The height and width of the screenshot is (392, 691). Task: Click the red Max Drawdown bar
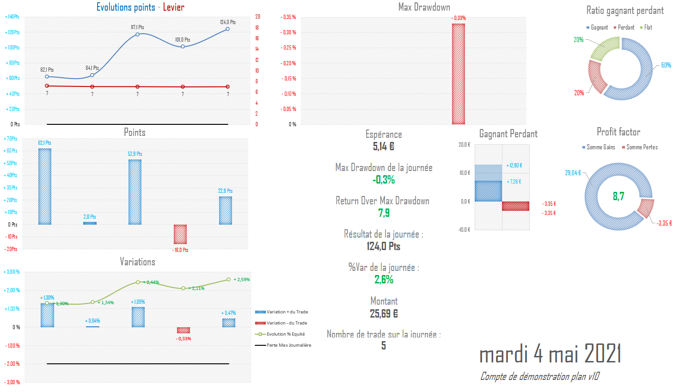click(x=458, y=74)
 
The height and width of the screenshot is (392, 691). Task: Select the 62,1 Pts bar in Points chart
click(x=45, y=186)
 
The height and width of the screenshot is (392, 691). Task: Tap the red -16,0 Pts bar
click(x=180, y=234)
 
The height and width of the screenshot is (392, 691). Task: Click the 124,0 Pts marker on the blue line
click(x=227, y=29)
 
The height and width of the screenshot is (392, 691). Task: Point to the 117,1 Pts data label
click(x=137, y=27)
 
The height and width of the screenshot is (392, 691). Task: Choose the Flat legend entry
click(x=646, y=28)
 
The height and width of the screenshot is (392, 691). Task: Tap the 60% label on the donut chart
click(x=666, y=65)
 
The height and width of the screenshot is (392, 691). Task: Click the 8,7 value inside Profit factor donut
click(x=618, y=196)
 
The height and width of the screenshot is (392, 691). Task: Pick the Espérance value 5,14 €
click(x=384, y=147)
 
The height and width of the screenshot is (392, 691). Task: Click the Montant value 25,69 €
click(x=384, y=314)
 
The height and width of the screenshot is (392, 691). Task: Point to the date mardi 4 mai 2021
click(x=550, y=354)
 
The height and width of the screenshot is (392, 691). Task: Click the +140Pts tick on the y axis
click(x=12, y=17)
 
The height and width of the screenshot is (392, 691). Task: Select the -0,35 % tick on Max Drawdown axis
click(x=288, y=17)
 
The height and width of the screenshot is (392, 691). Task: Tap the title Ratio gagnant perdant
click(x=625, y=10)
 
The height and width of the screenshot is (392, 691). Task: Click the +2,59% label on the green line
click(x=242, y=280)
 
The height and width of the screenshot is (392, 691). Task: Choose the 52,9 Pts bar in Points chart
click(x=135, y=192)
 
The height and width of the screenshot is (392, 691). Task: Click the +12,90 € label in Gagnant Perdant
click(x=514, y=165)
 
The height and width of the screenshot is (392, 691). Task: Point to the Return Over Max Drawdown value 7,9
click(x=384, y=213)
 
